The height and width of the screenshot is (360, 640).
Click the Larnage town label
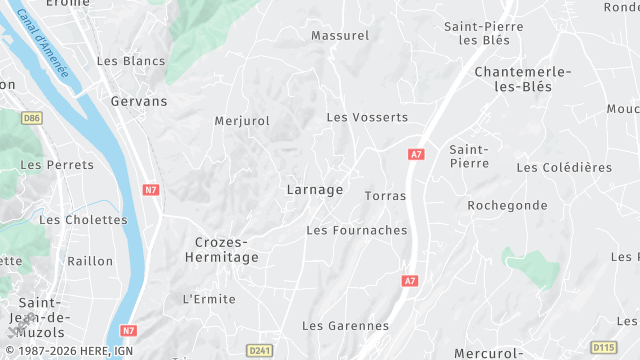coord(314,189)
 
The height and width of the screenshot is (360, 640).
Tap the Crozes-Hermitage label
coord(221,250)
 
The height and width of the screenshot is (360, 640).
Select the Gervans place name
coord(139,101)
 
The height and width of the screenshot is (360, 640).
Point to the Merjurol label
coord(242,121)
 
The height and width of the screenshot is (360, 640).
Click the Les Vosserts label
coord(367,117)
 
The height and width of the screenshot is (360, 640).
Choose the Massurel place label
coord(340,35)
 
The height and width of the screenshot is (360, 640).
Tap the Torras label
coord(386,196)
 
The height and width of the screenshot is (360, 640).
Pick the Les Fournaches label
coord(356,230)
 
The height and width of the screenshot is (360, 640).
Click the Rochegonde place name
coord(507,205)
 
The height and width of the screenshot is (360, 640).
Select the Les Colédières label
coord(564,167)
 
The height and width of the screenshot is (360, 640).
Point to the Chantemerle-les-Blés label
coord(523,79)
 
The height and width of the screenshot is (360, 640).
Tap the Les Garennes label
coord(345,326)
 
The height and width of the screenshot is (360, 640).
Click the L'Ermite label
coord(209,299)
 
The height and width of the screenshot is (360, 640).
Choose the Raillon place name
coord(90,261)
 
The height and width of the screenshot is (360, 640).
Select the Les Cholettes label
coord(83,219)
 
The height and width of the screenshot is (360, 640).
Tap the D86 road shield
coord(32,118)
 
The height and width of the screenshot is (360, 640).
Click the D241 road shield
coord(260,350)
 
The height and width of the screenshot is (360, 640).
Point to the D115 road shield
coord(604,347)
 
